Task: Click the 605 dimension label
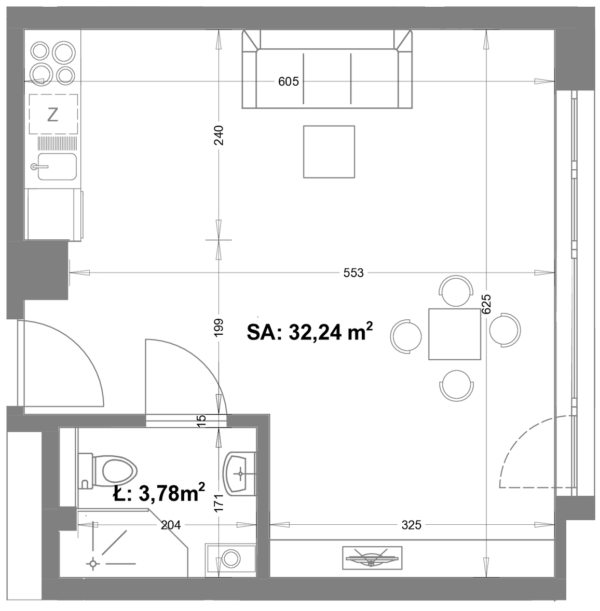(288, 82)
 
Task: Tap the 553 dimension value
(353, 273)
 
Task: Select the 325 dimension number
(412, 525)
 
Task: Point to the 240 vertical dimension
(219, 135)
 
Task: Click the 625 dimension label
(486, 304)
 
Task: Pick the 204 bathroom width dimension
(171, 525)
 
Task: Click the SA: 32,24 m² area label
(310, 331)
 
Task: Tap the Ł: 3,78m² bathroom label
(159, 493)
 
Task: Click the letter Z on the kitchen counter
(52, 115)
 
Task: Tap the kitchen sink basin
(57, 167)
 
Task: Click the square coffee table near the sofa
(329, 152)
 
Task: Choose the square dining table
(454, 334)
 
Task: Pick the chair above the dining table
(456, 291)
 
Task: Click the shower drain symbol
(93, 563)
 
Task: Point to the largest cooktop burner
(64, 52)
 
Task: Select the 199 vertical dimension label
(219, 328)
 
